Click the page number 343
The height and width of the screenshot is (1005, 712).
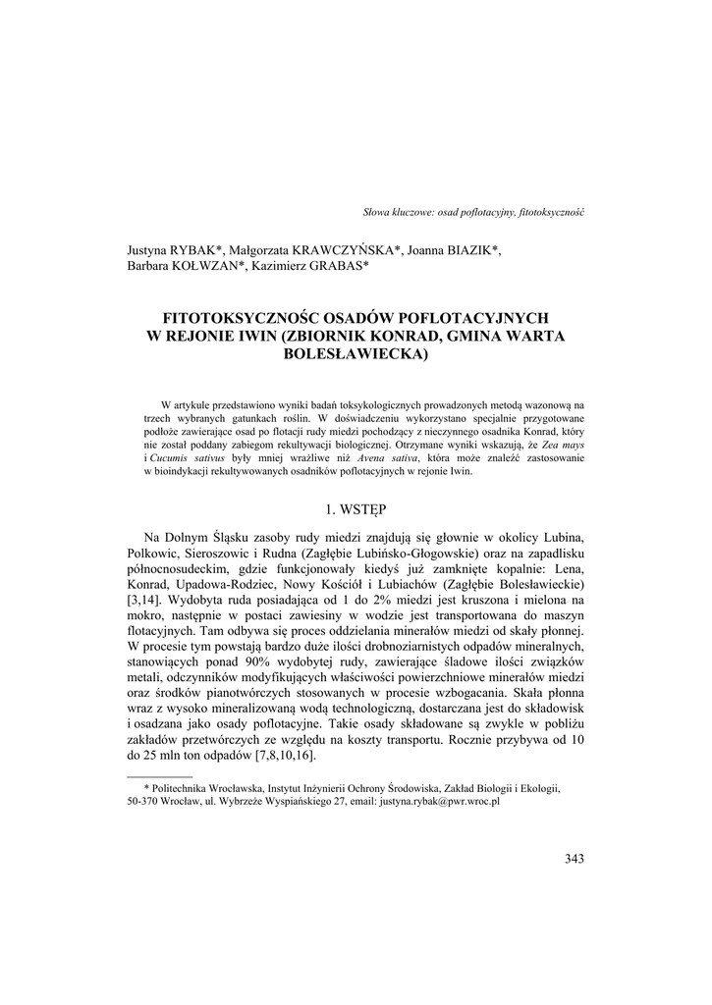(575, 859)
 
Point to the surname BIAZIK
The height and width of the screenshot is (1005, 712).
(470, 251)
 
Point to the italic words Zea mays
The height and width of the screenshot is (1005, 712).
(564, 444)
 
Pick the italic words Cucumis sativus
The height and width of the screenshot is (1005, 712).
(187, 457)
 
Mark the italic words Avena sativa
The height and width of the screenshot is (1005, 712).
(390, 457)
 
